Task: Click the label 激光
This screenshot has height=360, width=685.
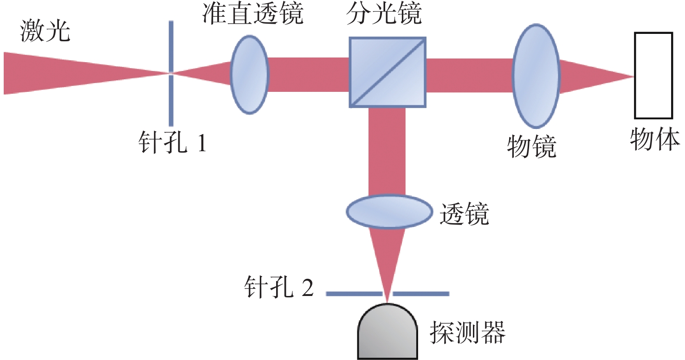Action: [45, 31]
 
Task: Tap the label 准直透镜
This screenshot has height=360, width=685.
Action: [252, 13]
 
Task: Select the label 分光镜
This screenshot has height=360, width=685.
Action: [384, 13]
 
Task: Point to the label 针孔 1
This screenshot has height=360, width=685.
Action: [173, 142]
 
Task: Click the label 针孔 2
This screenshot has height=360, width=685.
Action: [279, 287]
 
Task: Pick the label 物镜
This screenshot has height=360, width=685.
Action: [531, 147]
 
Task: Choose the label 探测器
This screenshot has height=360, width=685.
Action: [468, 333]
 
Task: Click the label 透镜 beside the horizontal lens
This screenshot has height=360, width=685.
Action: [464, 214]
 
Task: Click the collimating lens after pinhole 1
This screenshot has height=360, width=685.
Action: [250, 75]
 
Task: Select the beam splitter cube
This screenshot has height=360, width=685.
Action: [388, 72]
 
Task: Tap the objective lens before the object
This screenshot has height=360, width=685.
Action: [536, 76]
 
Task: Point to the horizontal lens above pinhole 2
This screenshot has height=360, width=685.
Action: [389, 212]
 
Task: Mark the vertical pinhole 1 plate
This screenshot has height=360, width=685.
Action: [171, 73]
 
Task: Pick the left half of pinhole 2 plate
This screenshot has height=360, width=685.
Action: [354, 294]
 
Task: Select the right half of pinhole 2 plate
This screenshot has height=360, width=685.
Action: [421, 294]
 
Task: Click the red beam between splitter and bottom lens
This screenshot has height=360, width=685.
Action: [387, 152]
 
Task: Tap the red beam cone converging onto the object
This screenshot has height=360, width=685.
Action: [593, 77]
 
